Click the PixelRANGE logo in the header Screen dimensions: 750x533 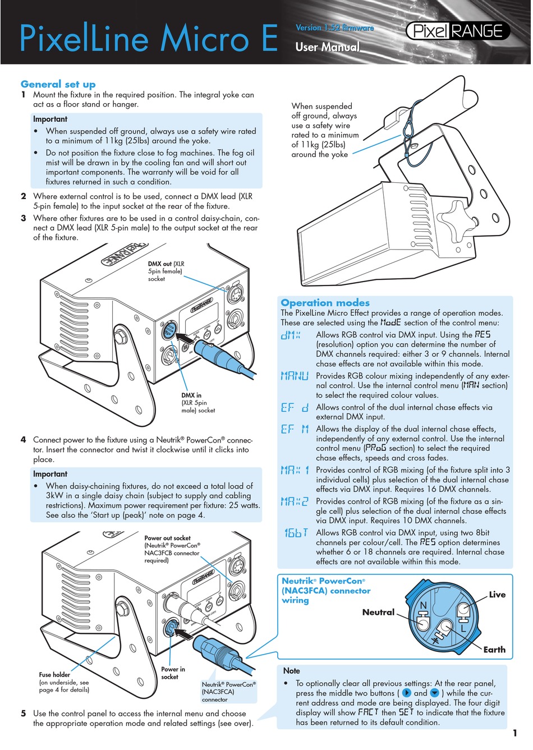tap(457, 31)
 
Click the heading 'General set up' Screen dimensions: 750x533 tap(58, 84)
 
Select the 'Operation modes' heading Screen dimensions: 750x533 tap(325, 302)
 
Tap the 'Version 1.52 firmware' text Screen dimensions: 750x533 tap(334, 27)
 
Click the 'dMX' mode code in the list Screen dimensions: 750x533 tap(291, 335)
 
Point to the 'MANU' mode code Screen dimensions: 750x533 tap(295, 376)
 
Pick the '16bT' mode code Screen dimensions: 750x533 tap(296, 533)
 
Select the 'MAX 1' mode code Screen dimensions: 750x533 tap(295, 470)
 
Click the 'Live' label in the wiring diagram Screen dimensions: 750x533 tap(497, 595)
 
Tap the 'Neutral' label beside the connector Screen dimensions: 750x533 tap(378, 612)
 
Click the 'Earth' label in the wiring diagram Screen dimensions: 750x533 tap(494, 650)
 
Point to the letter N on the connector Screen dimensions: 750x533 tap(424, 605)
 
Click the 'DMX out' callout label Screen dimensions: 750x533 tap(160, 264)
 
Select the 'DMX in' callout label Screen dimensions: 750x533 tap(191, 395)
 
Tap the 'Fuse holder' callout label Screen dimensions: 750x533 tap(54, 675)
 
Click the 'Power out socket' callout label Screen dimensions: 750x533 tap(167, 538)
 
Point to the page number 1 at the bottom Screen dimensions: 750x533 tap(514, 733)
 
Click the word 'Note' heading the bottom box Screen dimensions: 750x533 tap(292, 671)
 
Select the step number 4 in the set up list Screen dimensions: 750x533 tap(24, 440)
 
